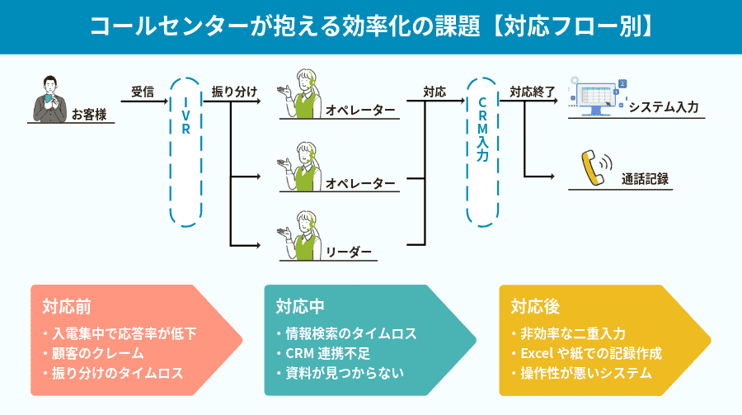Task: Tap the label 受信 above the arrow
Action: click(143, 92)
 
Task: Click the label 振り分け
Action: click(235, 92)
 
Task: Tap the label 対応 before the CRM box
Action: click(435, 92)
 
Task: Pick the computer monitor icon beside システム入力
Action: click(596, 97)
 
